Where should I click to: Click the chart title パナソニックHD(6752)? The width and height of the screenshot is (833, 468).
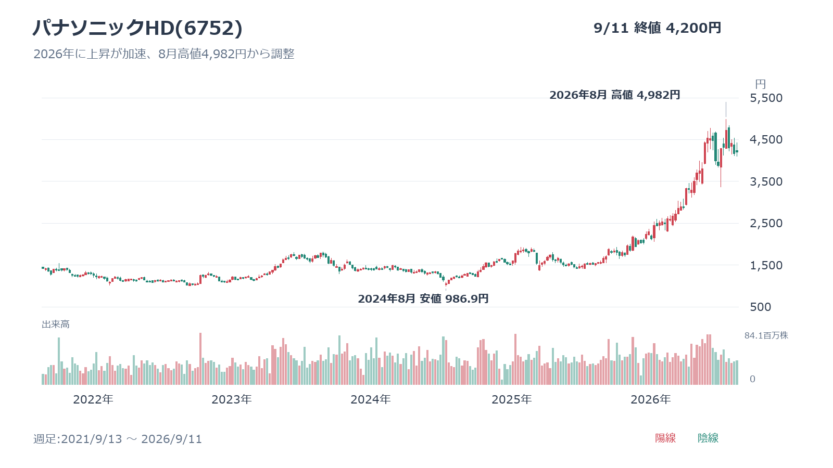click(x=137, y=28)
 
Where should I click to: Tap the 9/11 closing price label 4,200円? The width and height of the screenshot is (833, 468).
click(x=693, y=28)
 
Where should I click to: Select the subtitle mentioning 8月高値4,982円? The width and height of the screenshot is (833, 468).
click(x=164, y=54)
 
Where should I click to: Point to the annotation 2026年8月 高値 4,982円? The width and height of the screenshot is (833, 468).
click(x=615, y=95)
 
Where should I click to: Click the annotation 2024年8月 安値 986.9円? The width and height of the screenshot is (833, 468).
click(x=423, y=298)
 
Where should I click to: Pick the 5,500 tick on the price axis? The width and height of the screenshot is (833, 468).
click(x=766, y=98)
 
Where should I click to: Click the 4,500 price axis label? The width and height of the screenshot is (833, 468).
click(x=766, y=140)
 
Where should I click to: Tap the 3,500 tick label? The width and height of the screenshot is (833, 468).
click(x=766, y=181)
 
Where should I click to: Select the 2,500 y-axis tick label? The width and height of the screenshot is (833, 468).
click(x=766, y=223)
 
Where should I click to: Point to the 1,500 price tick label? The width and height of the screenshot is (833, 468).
click(x=766, y=265)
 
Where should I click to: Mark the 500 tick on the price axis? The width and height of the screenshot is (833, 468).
click(x=761, y=307)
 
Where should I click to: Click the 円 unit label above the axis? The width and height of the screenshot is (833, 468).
click(x=761, y=84)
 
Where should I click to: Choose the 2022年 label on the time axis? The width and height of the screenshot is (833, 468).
click(x=93, y=400)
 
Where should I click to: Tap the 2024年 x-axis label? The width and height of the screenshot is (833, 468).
click(x=370, y=400)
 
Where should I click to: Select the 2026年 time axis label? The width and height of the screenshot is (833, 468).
click(x=650, y=400)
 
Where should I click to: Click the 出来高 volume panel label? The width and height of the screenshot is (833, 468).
click(x=55, y=324)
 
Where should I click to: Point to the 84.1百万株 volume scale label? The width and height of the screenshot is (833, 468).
click(x=766, y=335)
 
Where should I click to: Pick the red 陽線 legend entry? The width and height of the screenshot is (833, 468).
click(x=665, y=438)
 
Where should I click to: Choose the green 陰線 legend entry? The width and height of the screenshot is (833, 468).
click(x=708, y=438)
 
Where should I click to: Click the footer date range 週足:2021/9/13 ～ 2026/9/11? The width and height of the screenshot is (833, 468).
click(x=118, y=439)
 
